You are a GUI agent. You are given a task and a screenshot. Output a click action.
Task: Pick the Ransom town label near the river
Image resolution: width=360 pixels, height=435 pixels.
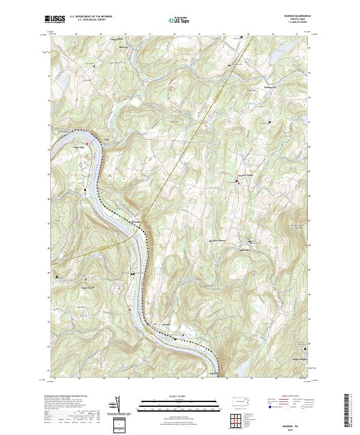pyautogui.click(x=168, y=325)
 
